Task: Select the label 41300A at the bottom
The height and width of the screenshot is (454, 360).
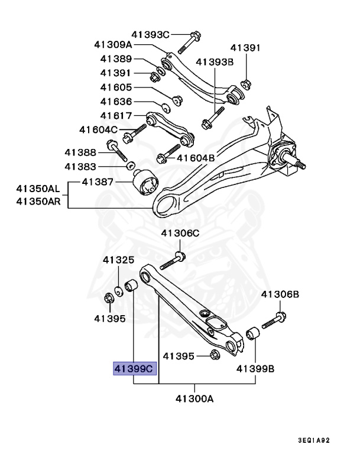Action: (193, 398)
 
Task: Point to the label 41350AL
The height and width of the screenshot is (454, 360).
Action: (38, 190)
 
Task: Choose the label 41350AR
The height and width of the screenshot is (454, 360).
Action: (38, 202)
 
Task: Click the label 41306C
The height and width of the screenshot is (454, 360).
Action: (181, 233)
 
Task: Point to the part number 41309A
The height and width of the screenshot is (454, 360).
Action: (113, 44)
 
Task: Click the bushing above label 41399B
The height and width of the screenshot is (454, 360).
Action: (252, 335)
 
